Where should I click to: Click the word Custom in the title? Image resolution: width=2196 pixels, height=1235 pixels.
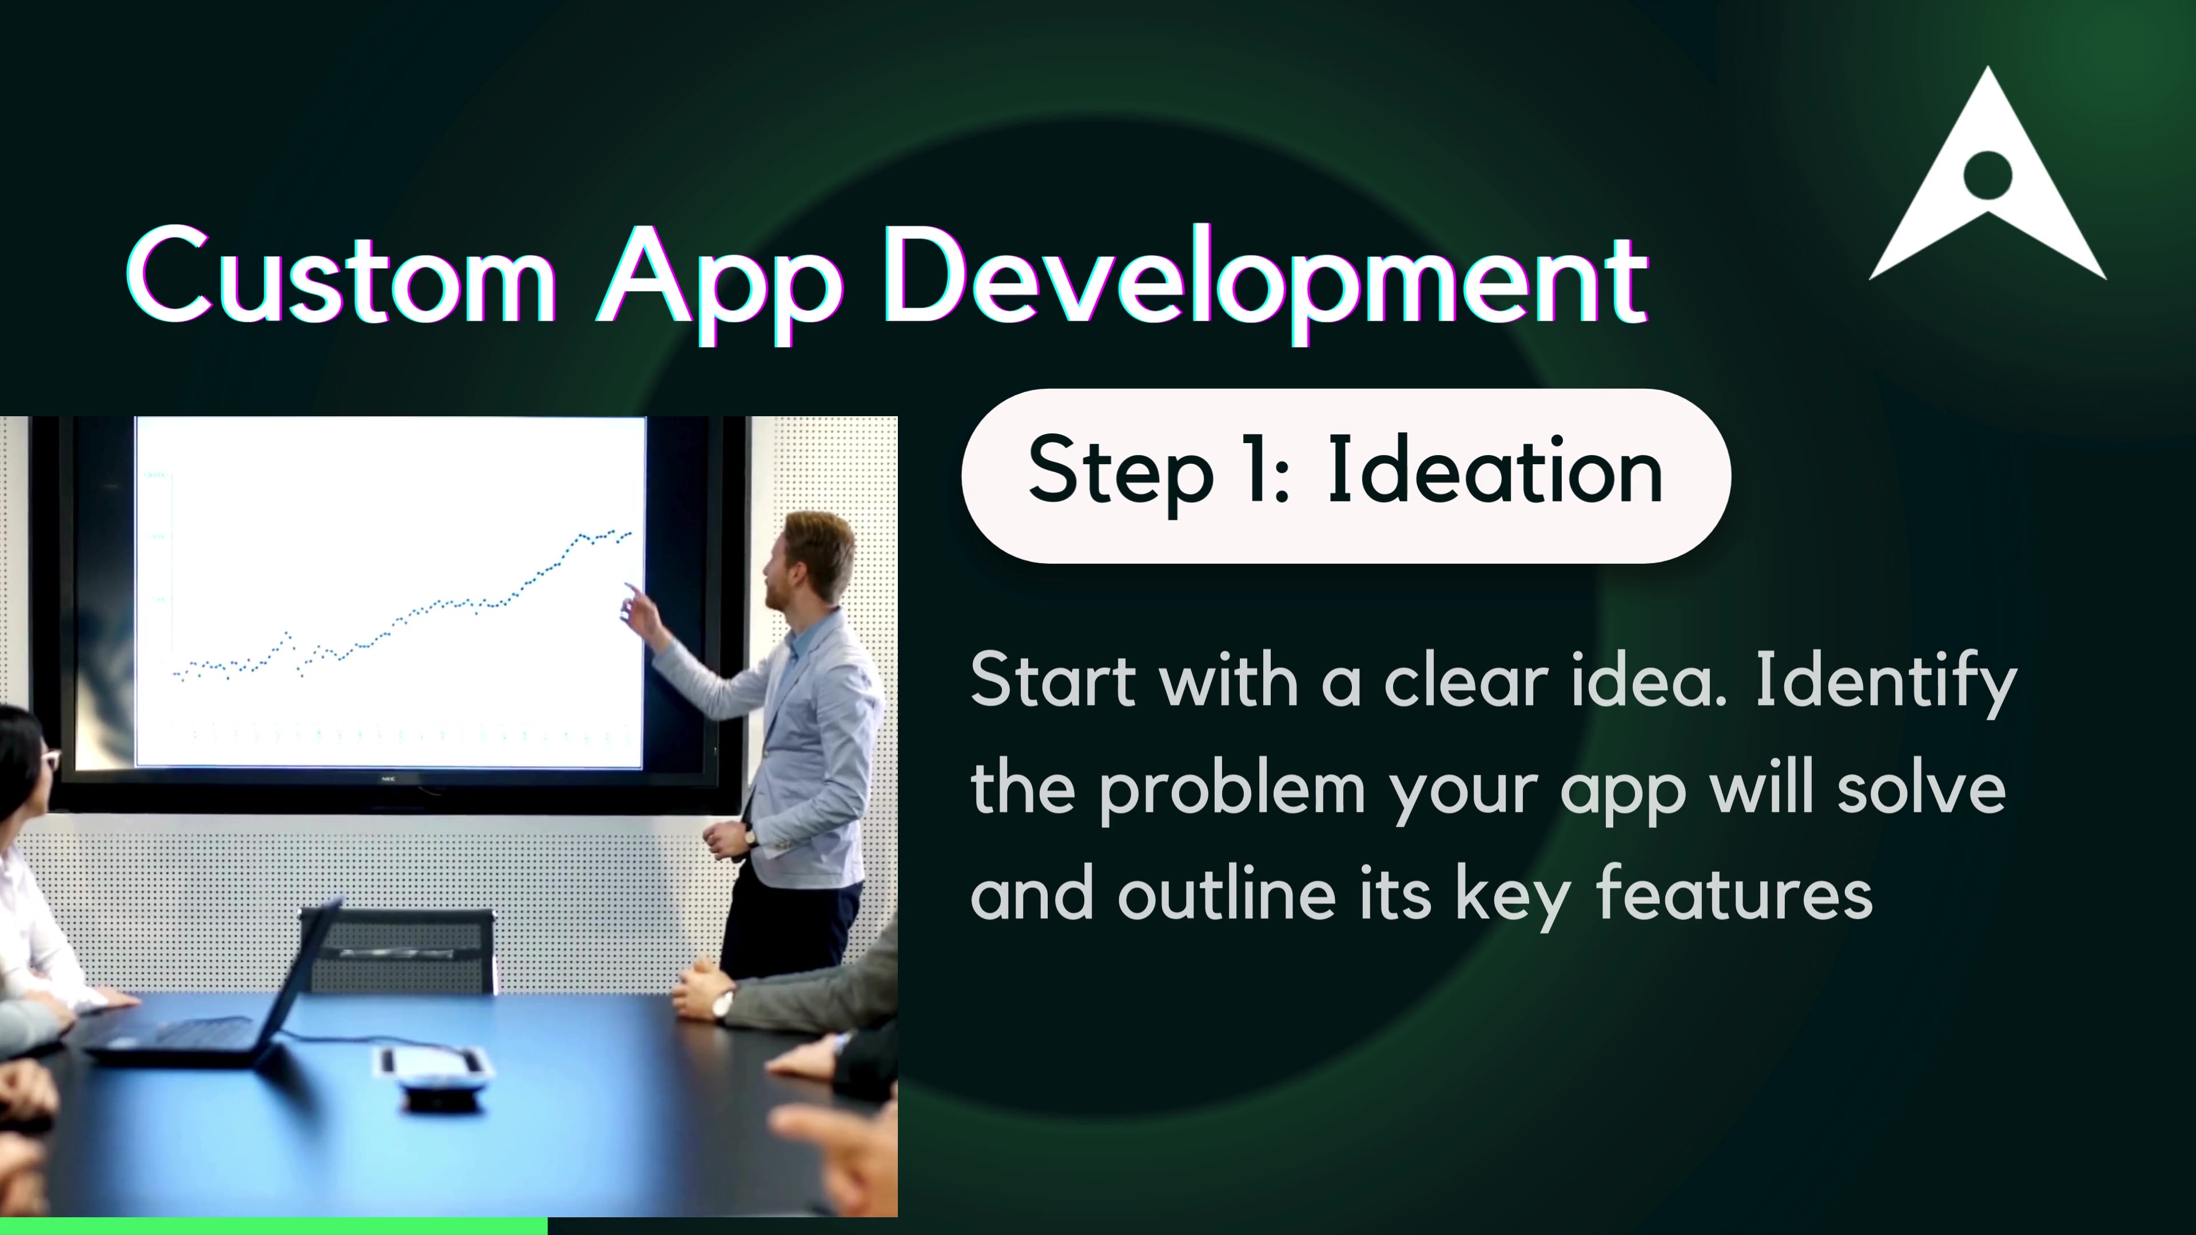tap(341, 277)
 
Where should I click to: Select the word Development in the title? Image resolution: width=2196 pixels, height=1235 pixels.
tap(1266, 281)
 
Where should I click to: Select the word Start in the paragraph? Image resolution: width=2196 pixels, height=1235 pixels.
tap(1053, 680)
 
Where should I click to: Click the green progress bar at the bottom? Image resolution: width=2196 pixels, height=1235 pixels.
tap(273, 1226)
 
